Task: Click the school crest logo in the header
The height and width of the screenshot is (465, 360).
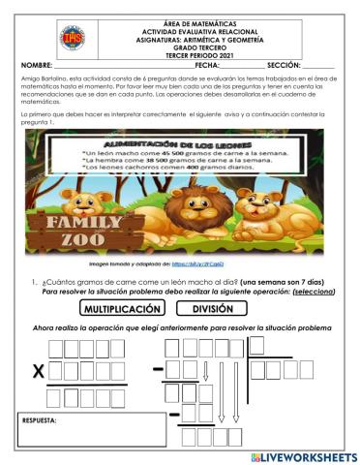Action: [x=71, y=38]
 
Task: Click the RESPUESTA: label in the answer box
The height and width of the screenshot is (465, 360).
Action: [x=42, y=421]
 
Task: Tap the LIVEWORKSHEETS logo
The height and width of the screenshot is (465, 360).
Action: [x=304, y=455]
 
